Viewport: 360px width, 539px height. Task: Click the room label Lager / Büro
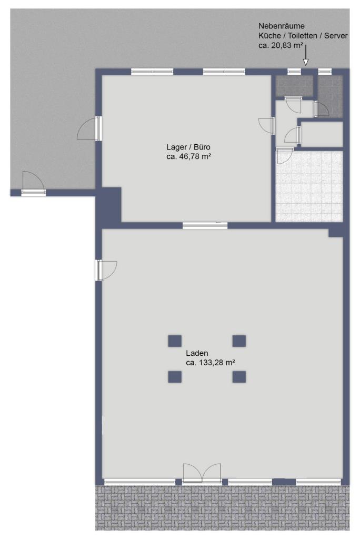pyautogui.click(x=188, y=147)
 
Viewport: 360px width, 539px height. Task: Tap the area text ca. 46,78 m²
pyautogui.click(x=188, y=157)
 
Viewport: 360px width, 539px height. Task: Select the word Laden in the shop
pyautogui.click(x=197, y=353)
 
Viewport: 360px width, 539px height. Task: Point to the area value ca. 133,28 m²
pyautogui.click(x=211, y=362)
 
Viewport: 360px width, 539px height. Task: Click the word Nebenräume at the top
pyautogui.click(x=281, y=26)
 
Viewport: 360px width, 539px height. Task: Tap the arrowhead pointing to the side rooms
pyautogui.click(x=305, y=62)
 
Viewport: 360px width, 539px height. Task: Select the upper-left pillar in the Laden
pyautogui.click(x=175, y=341)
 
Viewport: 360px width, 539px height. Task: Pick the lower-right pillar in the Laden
pyautogui.click(x=239, y=377)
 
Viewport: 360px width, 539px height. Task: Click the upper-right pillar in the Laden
pyautogui.click(x=239, y=341)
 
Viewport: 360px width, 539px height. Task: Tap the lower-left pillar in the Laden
pyautogui.click(x=175, y=377)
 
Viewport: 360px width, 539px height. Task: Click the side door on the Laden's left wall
pyautogui.click(x=106, y=270)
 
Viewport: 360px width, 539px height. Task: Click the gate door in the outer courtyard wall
pyautogui.click(x=33, y=184)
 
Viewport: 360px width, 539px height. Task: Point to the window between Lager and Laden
pyautogui.click(x=205, y=225)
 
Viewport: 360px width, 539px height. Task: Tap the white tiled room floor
pyautogui.click(x=309, y=186)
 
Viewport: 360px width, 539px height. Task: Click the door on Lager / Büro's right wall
pyautogui.click(x=267, y=125)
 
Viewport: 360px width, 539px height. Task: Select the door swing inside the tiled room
pyautogui.click(x=285, y=156)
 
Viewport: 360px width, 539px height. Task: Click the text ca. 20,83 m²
pyautogui.click(x=281, y=45)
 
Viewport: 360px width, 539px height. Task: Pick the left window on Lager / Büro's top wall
pyautogui.click(x=152, y=72)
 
